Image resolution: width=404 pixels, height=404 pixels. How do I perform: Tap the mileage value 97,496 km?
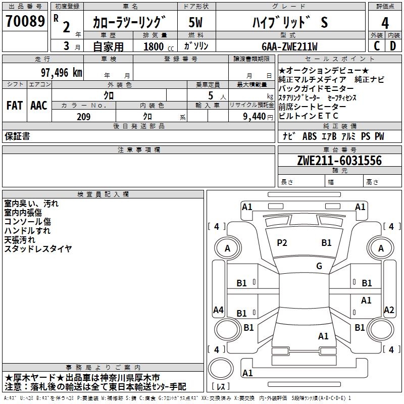click(61, 72)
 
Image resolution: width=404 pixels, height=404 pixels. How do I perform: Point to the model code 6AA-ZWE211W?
click(289, 46)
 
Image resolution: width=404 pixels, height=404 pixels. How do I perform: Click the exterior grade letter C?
click(377, 46)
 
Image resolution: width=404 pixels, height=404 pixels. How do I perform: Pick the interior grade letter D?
click(393, 46)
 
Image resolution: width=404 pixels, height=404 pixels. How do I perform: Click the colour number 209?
click(83, 117)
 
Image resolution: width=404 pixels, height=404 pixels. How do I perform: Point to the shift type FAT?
click(14, 106)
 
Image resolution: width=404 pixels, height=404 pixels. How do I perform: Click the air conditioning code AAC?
click(39, 106)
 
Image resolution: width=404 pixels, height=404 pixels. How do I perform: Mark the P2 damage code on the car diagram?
click(282, 243)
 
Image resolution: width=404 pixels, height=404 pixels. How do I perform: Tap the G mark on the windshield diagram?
click(319, 266)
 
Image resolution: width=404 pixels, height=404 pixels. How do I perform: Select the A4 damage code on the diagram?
click(218, 310)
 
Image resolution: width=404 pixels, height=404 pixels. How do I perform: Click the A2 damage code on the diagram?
click(389, 310)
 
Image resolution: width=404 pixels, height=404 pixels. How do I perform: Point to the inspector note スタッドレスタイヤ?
click(38, 249)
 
